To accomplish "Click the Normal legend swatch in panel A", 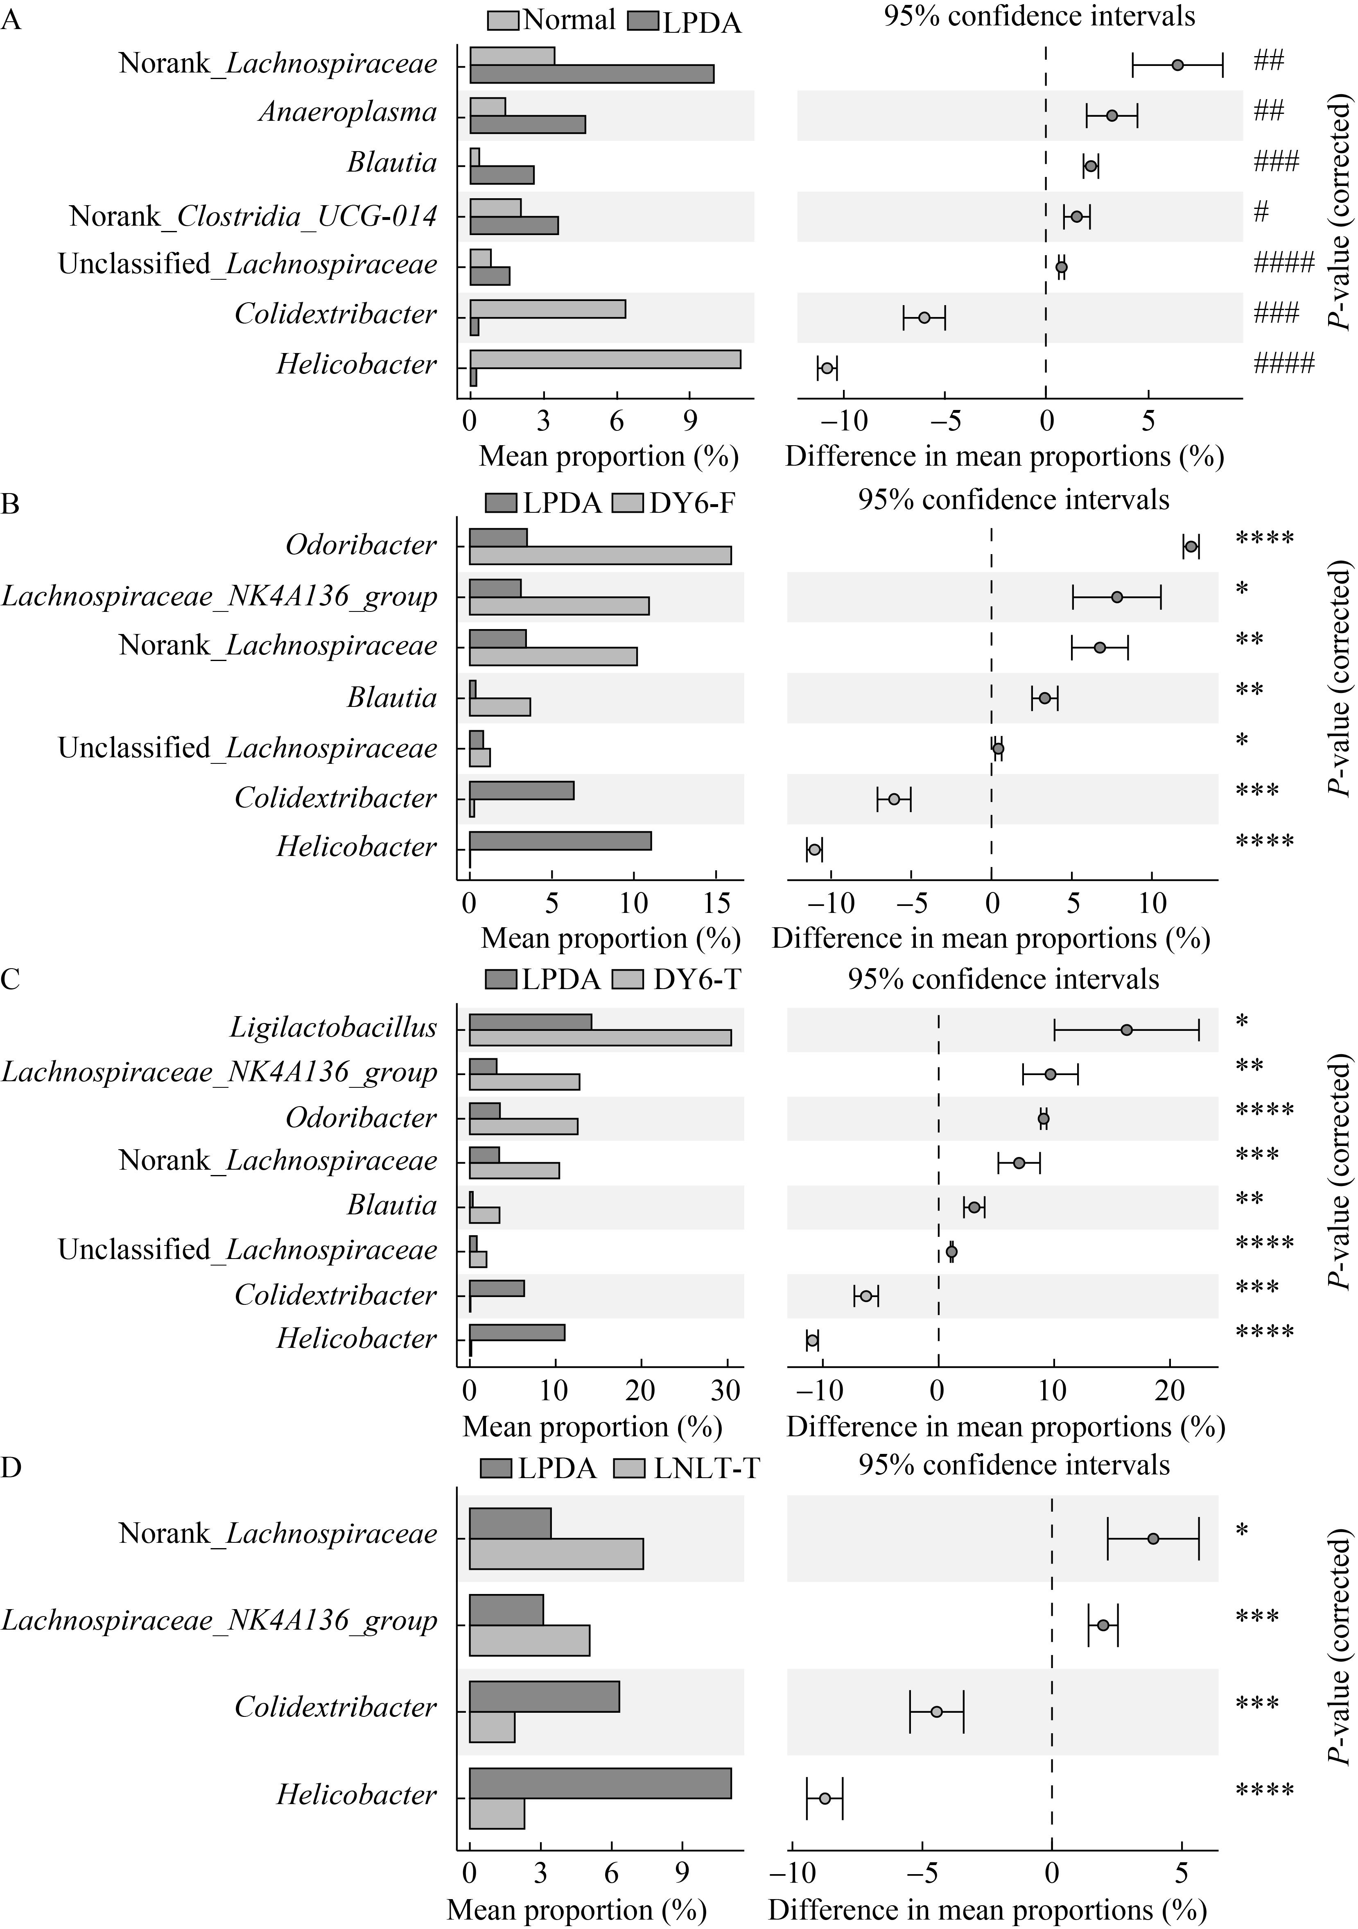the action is (503, 19).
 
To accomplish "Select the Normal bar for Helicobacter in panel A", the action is (605, 359).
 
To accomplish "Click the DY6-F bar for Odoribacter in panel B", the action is (600, 555).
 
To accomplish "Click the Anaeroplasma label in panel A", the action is (348, 113).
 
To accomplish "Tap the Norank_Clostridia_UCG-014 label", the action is (254, 216).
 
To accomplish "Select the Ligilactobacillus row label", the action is (333, 1028).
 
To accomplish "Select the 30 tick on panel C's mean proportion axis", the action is (726, 1390).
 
